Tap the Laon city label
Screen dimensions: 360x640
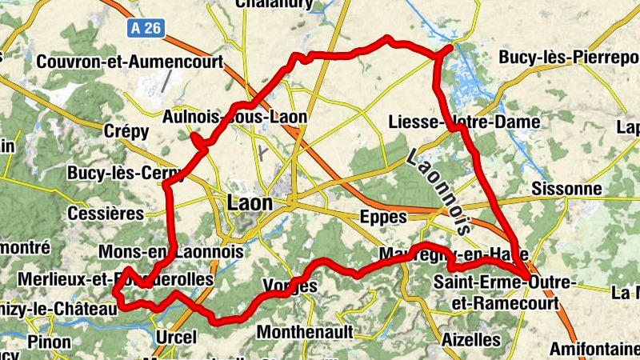coord(250,203)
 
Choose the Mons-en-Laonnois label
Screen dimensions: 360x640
coord(170,252)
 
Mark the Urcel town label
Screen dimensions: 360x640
coord(176,337)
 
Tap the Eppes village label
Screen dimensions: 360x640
coord(384,217)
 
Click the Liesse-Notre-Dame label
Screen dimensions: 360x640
coord(462,122)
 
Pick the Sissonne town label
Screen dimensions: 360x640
coord(566,189)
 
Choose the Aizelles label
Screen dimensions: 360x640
coord(471,339)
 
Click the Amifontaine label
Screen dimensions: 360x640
coord(594,350)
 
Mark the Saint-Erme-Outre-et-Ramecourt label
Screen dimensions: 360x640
coord(514,291)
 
